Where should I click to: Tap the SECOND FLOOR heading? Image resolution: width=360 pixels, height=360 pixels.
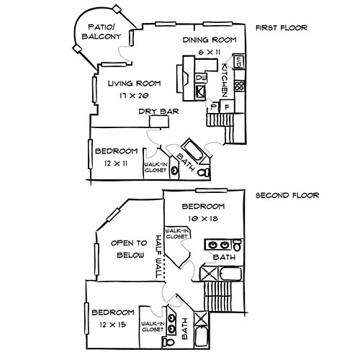pyautogui.click(x=286, y=195)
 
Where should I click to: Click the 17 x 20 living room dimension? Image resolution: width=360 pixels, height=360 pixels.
pyautogui.click(x=135, y=94)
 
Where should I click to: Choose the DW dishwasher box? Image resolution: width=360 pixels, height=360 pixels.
pyautogui.click(x=201, y=76)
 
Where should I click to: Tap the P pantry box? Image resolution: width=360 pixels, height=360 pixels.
pyautogui.click(x=213, y=107)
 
